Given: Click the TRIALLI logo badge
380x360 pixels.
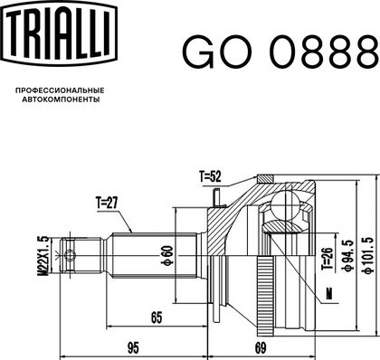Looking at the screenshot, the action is pos(61,33).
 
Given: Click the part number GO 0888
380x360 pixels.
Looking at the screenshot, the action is pos(280,52).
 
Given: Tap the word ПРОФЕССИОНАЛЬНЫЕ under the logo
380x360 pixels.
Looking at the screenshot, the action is pos(60,90).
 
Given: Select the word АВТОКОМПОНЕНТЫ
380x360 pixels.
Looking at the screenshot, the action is pos(62,99).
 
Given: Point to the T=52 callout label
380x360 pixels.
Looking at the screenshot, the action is pos(210,176).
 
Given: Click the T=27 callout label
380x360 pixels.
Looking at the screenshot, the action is pos(107,204).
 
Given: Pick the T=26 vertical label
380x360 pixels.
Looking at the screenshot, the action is pos(328,259).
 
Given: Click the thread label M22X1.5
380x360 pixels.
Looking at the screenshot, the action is pos(43,256).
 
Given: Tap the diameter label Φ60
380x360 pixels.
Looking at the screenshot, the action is pos(167,256).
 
